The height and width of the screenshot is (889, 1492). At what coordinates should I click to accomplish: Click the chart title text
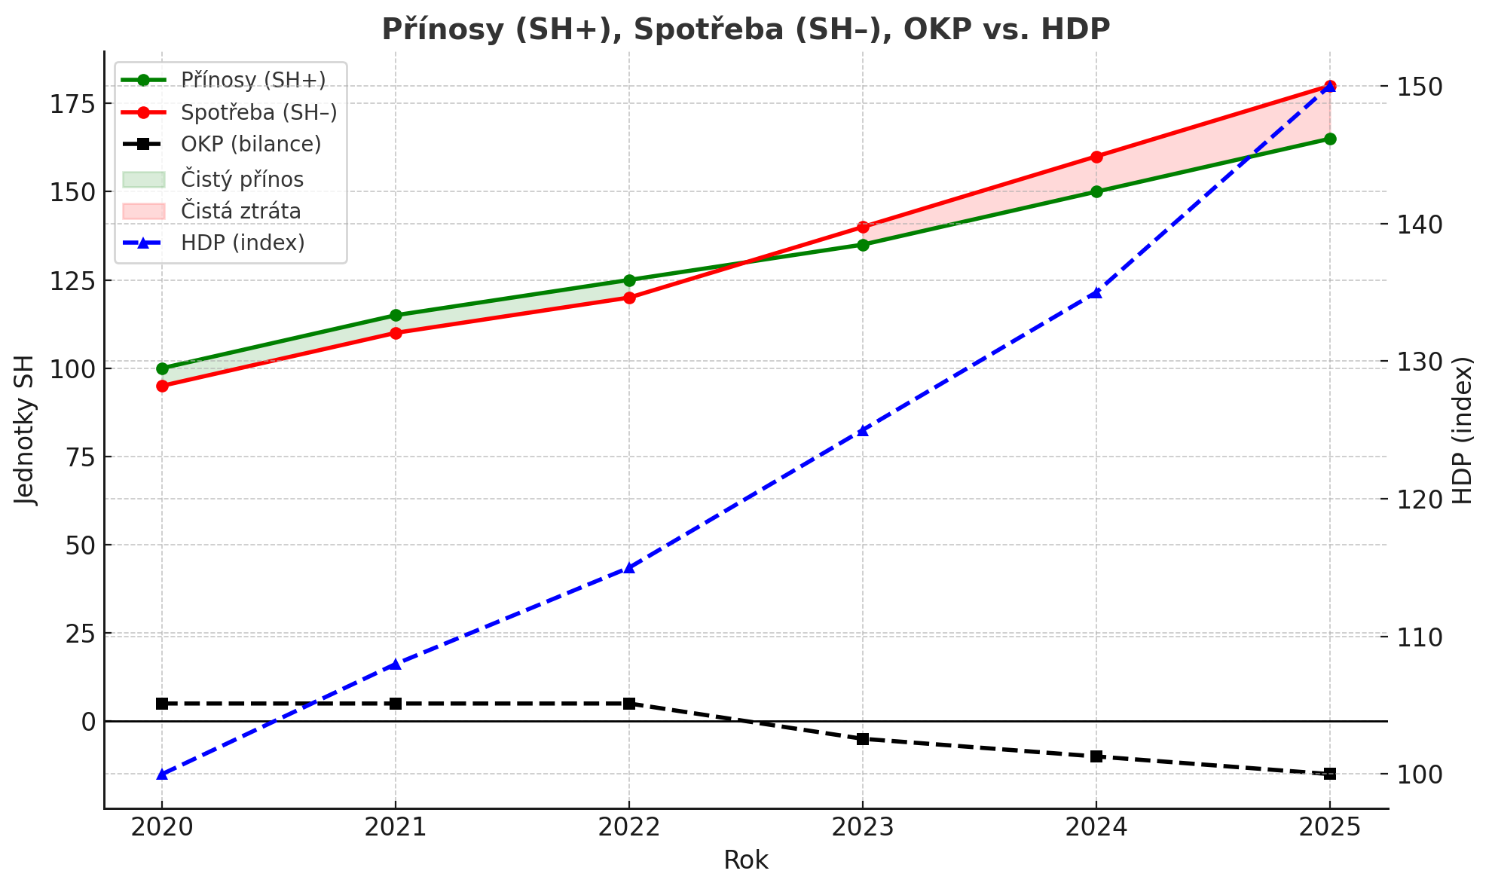point(745,29)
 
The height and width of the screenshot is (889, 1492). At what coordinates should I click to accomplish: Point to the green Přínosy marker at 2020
point(162,368)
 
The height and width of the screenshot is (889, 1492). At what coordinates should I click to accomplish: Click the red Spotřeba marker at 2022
point(629,298)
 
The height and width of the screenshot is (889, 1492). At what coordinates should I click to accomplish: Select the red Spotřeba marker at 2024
point(1096,157)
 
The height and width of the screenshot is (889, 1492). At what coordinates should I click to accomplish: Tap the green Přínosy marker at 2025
point(1330,139)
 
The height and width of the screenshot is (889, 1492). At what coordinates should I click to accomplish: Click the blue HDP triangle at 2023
point(863,431)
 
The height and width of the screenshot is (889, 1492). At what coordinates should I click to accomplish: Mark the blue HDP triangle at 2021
point(396,664)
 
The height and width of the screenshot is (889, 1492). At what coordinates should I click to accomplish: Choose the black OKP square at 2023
point(863,739)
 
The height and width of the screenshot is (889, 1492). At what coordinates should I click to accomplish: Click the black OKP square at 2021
point(396,704)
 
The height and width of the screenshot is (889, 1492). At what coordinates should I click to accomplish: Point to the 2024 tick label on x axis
point(1096,828)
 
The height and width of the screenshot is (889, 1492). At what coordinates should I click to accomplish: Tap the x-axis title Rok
point(745,860)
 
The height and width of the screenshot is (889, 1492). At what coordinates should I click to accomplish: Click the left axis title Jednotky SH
point(26,429)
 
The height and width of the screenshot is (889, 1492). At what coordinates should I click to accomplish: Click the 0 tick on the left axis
point(89,722)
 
